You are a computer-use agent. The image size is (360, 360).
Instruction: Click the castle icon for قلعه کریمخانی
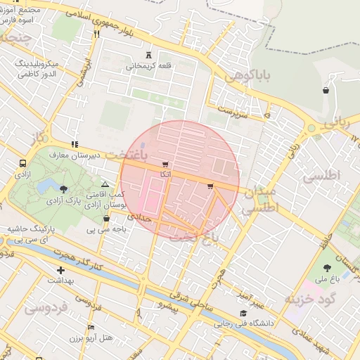click(x=148, y=55)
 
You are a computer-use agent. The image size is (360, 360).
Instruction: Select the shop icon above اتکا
click(x=165, y=163)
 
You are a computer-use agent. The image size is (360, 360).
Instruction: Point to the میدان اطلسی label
click(x=259, y=200)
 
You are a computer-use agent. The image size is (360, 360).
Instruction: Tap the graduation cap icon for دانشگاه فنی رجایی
click(x=243, y=313)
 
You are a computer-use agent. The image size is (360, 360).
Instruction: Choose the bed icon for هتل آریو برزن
click(x=90, y=328)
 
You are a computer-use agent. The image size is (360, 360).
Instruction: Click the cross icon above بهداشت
click(x=60, y=269)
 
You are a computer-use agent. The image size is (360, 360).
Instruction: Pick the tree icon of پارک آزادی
click(x=64, y=189)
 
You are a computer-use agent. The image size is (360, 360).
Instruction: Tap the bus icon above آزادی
click(x=22, y=163)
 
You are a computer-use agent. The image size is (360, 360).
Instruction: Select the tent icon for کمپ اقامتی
click(x=105, y=184)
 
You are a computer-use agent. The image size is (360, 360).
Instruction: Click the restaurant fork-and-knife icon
click(x=96, y=33)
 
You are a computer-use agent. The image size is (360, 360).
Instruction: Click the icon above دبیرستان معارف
click(x=75, y=145)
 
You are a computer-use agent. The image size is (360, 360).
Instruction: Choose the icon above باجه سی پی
click(x=105, y=218)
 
